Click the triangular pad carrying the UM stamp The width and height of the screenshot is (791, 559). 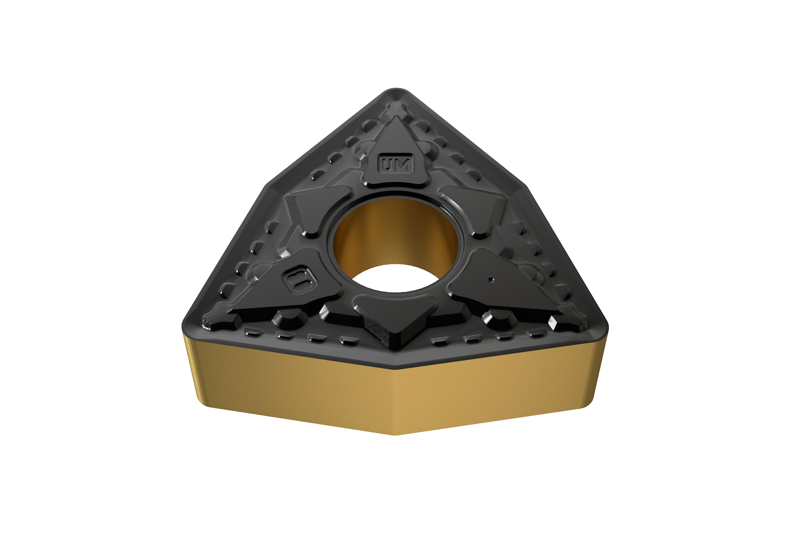[395, 152]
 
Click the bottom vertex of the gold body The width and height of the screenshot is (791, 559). [396, 435]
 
